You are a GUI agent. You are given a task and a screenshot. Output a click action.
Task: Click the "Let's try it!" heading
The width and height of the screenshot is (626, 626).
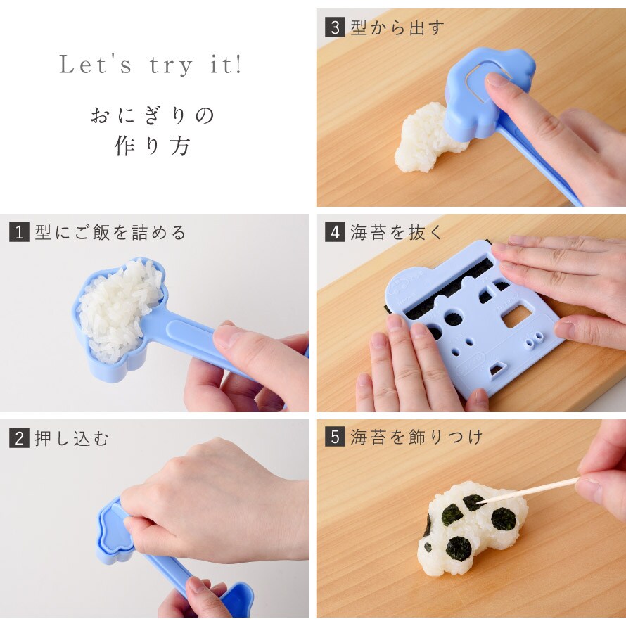[151, 65]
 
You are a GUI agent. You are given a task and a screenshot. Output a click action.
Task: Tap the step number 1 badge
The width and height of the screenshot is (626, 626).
[19, 232]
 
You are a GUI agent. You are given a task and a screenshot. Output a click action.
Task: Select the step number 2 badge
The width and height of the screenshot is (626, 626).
[19, 438]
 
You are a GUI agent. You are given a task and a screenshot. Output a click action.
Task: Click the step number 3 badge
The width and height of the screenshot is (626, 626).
[335, 27]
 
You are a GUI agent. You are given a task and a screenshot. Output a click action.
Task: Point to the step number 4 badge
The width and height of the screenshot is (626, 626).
[335, 232]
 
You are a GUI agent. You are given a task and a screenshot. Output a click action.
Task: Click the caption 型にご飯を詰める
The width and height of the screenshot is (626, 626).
[110, 232]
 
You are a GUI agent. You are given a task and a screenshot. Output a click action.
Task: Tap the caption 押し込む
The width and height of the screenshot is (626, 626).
[72, 438]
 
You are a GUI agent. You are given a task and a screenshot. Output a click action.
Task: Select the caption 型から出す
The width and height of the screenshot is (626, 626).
[397, 27]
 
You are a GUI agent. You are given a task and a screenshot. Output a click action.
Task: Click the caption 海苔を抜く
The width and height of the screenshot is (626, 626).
[397, 232]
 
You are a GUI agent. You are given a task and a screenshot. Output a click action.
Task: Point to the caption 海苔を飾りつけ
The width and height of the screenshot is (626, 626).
[416, 437]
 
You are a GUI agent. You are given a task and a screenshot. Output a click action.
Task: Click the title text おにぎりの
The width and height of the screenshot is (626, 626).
[152, 116]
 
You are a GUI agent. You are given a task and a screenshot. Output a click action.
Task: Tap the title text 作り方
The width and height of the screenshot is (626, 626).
[152, 146]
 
